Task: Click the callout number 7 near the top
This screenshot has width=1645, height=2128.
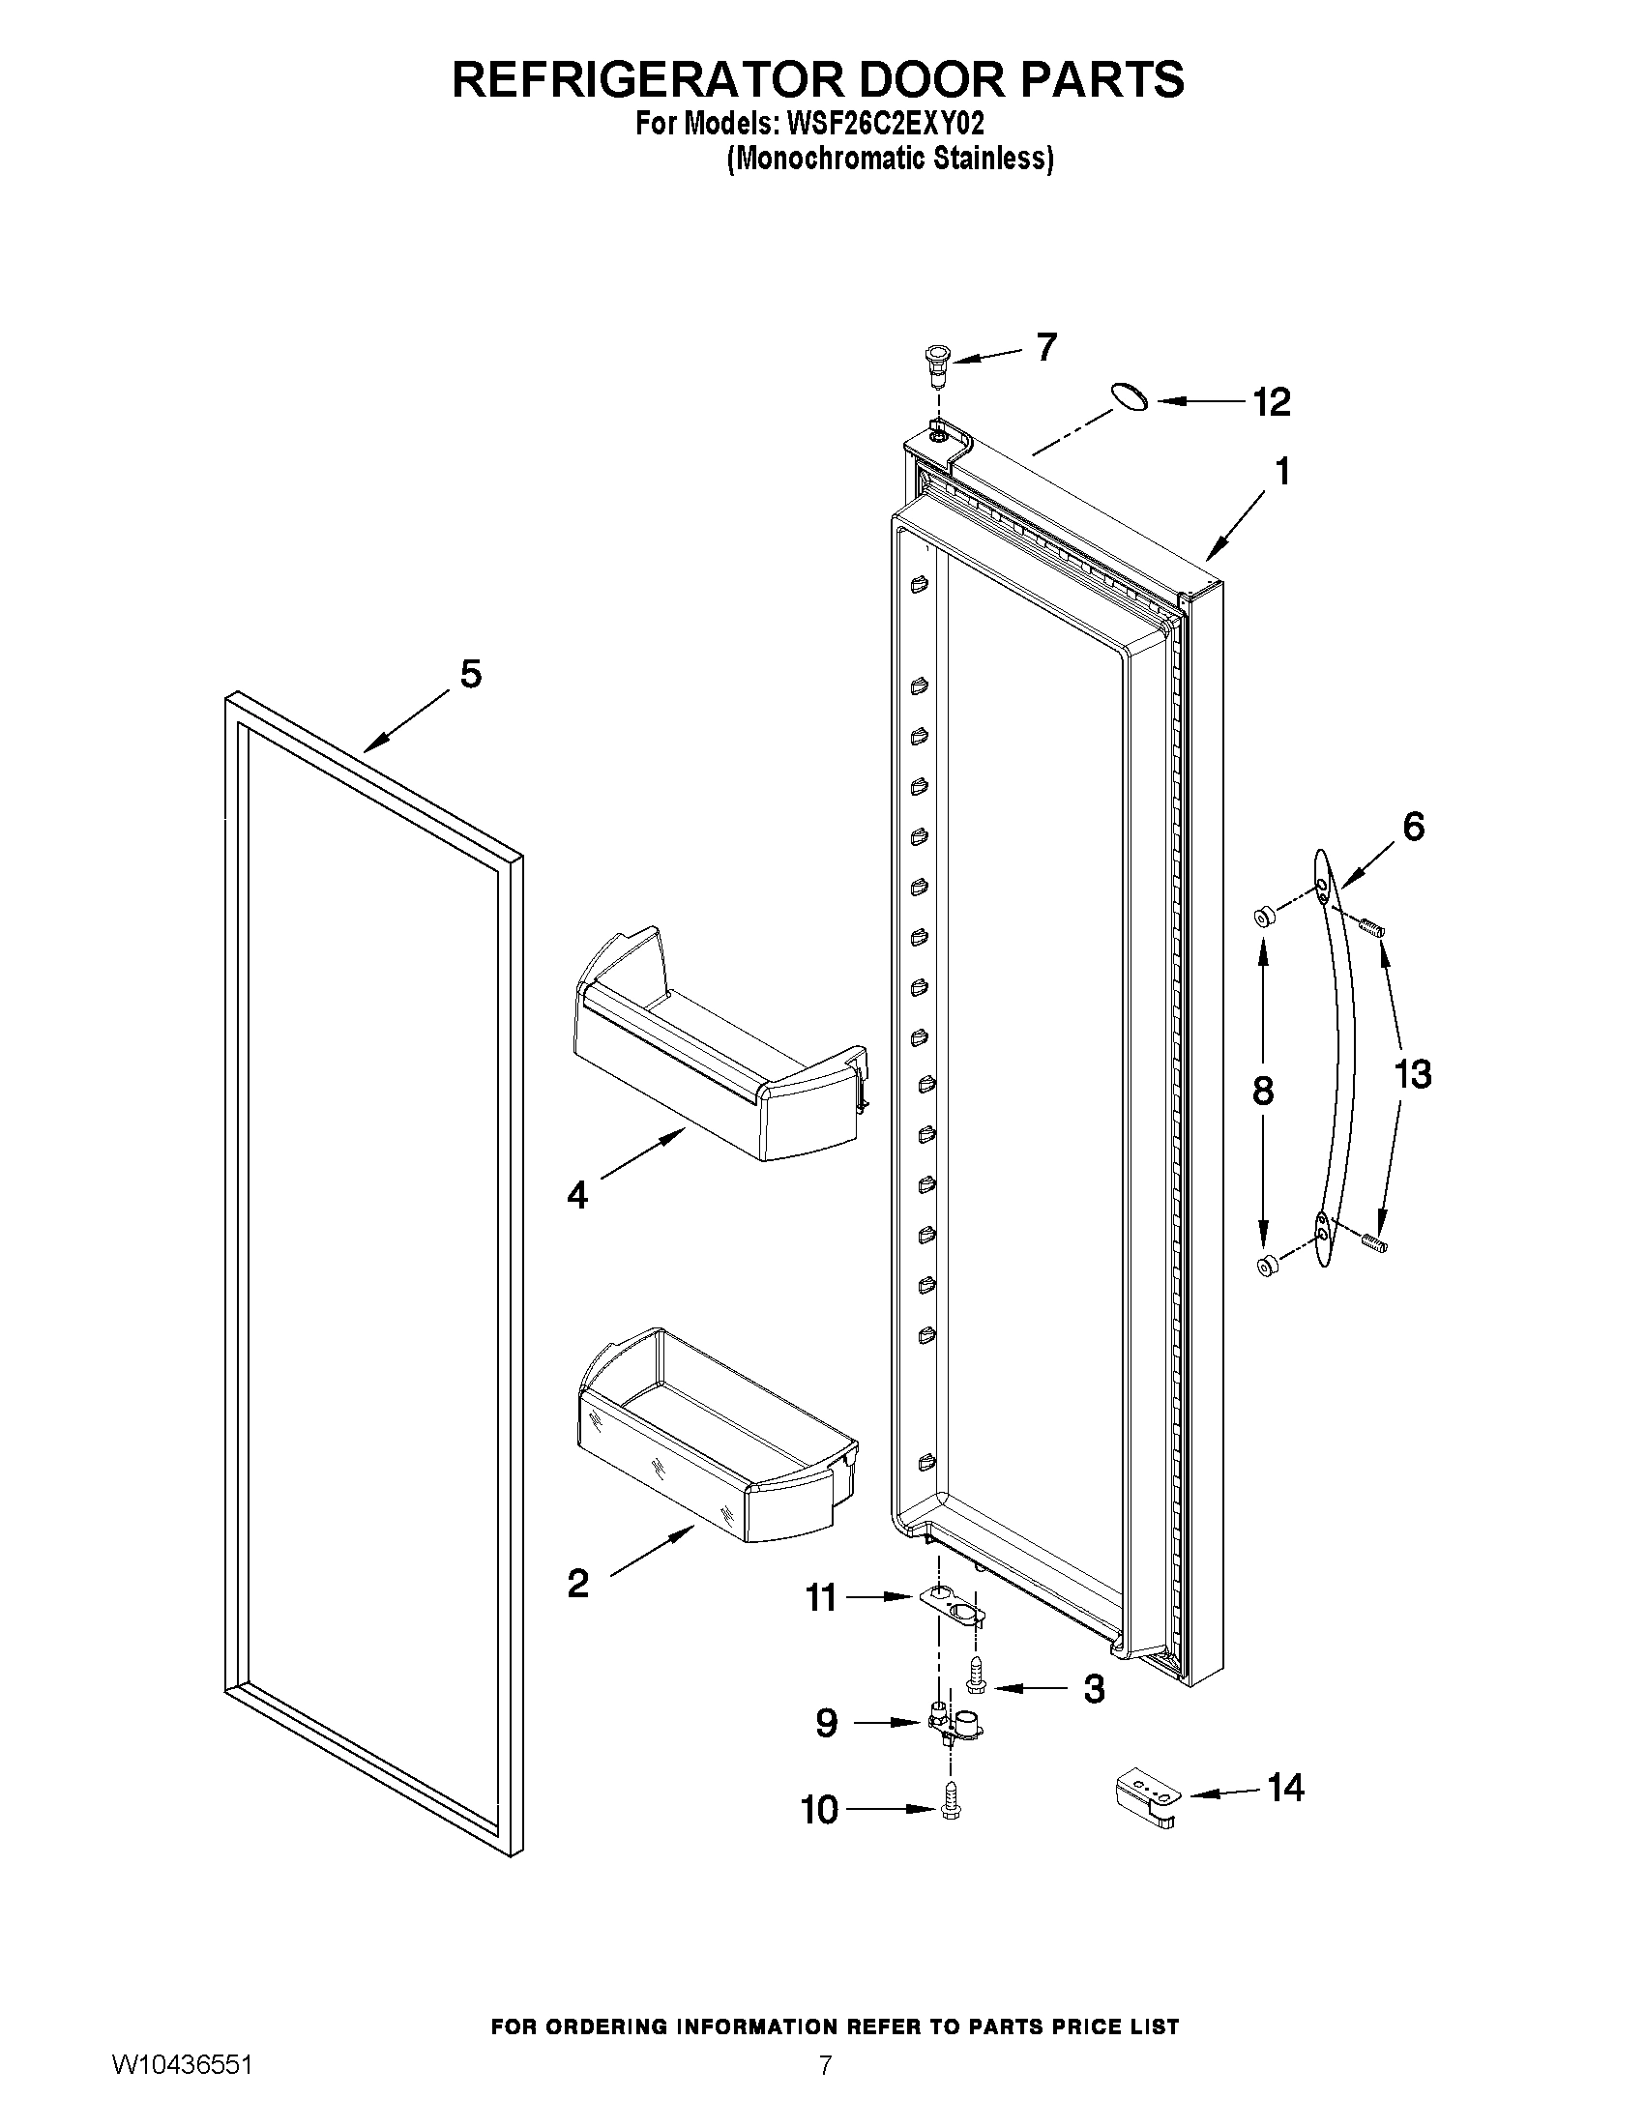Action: coord(1045,347)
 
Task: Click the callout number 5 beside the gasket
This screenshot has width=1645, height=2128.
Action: coord(471,674)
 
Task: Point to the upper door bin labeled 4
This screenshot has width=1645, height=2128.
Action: coord(721,1052)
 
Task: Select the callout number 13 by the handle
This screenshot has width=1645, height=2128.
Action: coord(1412,1075)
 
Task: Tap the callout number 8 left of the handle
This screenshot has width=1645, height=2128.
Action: coord(1262,1092)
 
